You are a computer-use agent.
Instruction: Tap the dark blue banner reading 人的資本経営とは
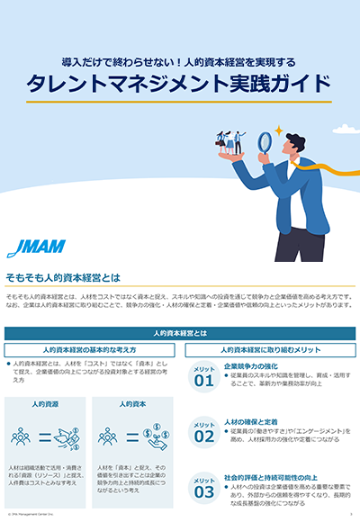[x=180, y=332]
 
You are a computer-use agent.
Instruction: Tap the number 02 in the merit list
[x=203, y=436]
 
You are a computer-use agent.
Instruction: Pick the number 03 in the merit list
[x=203, y=491]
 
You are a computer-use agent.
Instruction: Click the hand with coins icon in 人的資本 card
[x=156, y=436]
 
